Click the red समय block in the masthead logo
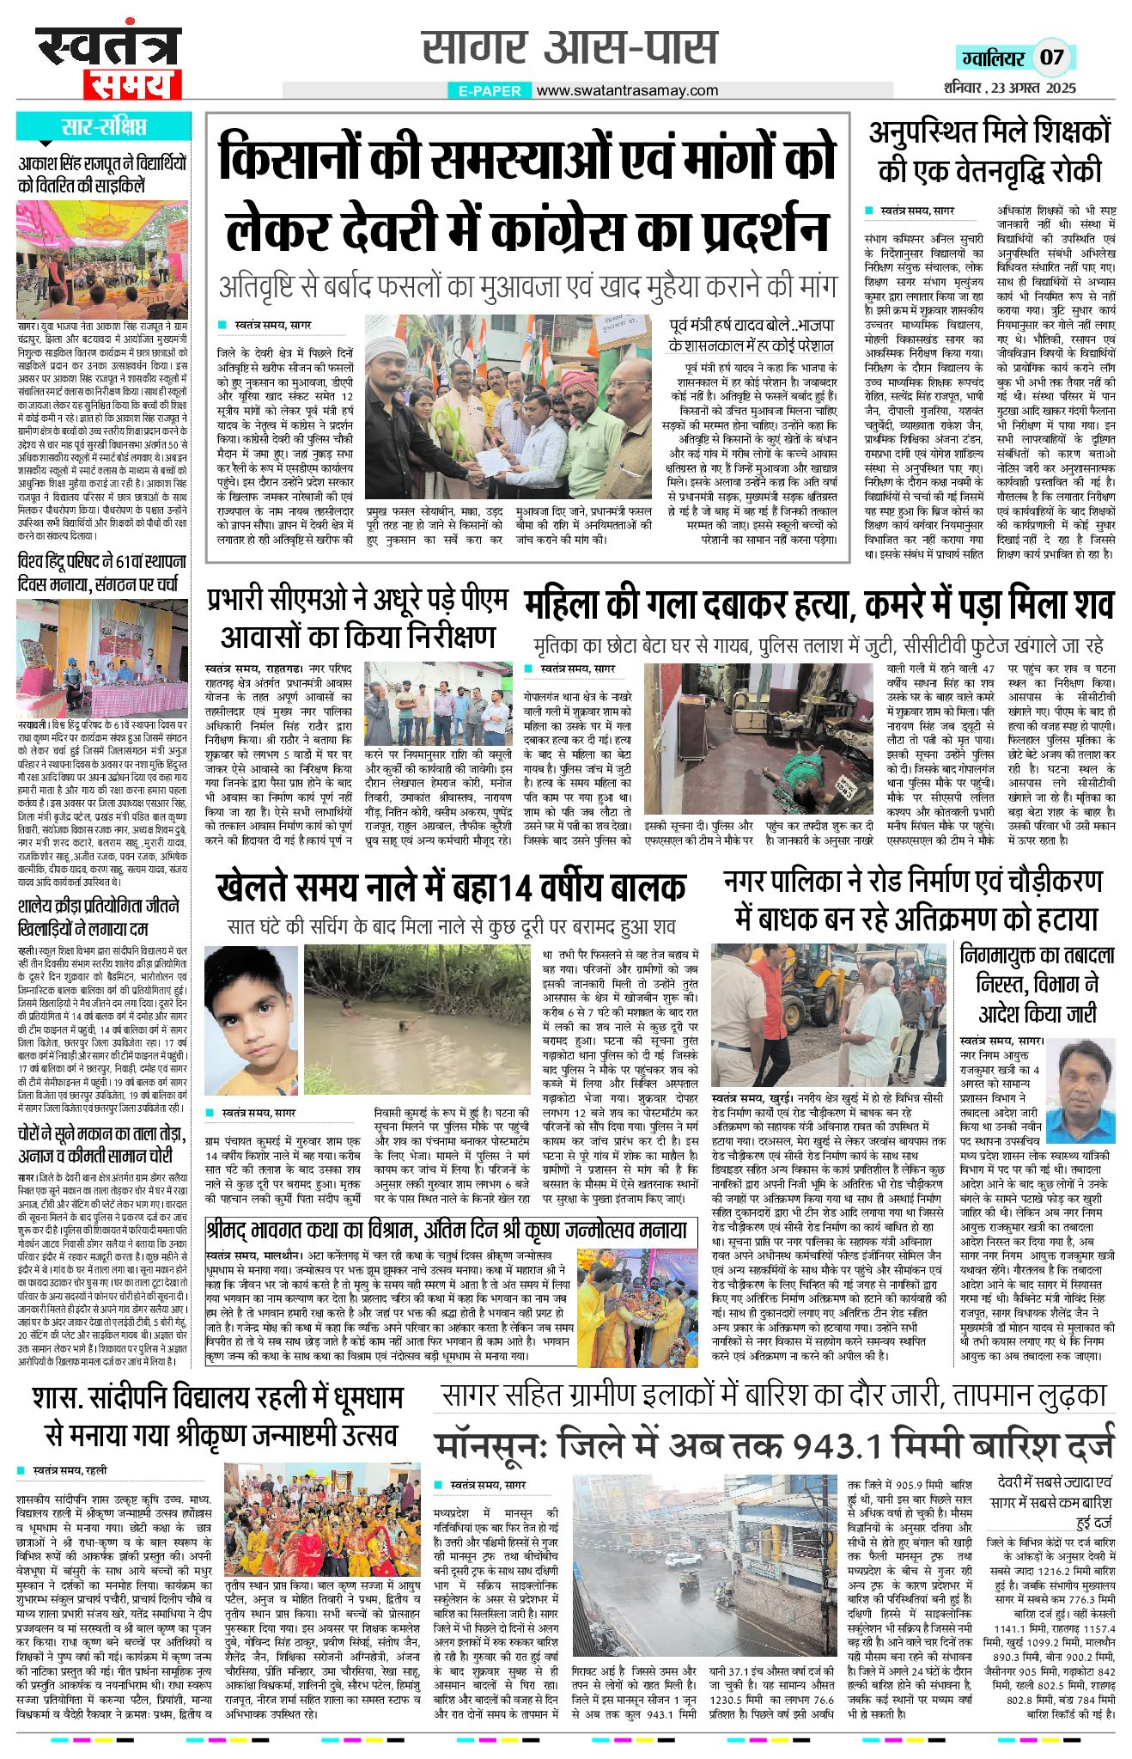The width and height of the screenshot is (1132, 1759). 133,84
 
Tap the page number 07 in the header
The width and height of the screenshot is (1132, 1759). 1051,58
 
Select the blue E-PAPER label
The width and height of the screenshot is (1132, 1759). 490,90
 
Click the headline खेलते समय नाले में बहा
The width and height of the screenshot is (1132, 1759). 452,886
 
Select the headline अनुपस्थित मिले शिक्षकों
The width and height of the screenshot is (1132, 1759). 989,150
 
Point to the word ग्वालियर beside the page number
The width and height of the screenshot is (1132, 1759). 993,58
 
